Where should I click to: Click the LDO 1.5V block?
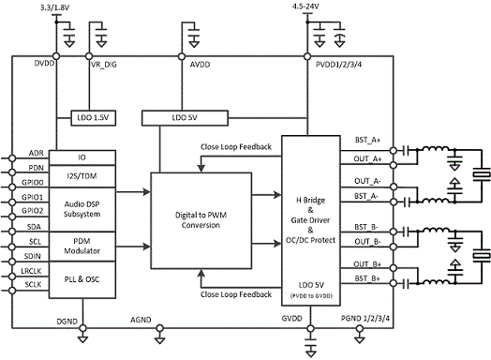pos(94,118)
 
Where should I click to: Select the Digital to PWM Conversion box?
pos(201,220)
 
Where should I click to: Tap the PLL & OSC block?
pos(82,279)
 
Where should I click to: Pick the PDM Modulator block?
pos(82,247)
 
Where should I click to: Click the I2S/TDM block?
pos(82,176)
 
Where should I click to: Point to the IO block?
pos(82,157)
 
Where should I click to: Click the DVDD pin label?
pos(44,64)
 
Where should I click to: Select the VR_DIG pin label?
pos(104,65)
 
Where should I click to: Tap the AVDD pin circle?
pos(182,56)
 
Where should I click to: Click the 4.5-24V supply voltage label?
pos(305,7)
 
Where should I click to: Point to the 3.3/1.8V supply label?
pos(54,7)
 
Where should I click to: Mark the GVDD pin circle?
pos(310,328)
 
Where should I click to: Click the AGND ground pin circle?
pos(159,328)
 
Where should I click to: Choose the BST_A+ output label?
pos(367,140)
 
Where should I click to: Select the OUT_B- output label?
pos(367,242)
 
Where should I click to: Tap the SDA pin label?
pos(34,227)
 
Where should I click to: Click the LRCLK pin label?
pos(31,271)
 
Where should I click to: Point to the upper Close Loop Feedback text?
pos(236,147)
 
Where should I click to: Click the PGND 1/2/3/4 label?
pos(365,319)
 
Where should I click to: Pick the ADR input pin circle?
pos(12,158)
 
